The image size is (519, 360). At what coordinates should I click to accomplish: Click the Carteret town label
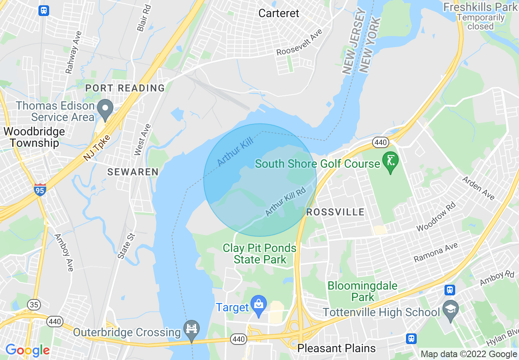coord(279,13)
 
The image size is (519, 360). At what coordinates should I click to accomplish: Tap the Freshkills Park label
coord(480,7)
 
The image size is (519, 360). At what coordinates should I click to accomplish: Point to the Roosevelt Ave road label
coord(300,43)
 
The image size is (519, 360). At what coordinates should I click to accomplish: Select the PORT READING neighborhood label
coord(125,88)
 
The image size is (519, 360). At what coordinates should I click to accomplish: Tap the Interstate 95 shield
coord(40,189)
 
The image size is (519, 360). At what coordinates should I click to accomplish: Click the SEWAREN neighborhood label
coord(133,172)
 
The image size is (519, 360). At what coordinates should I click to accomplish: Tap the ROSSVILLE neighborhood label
coord(335,212)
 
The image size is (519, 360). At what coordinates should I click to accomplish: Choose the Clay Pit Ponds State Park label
coord(259,254)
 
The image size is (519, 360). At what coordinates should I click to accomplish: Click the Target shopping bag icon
coord(259,305)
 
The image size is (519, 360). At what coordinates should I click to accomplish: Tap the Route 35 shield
coord(34,304)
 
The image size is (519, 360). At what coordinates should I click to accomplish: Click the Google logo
coord(27,350)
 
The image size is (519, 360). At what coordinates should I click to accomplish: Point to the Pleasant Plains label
coord(336,348)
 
